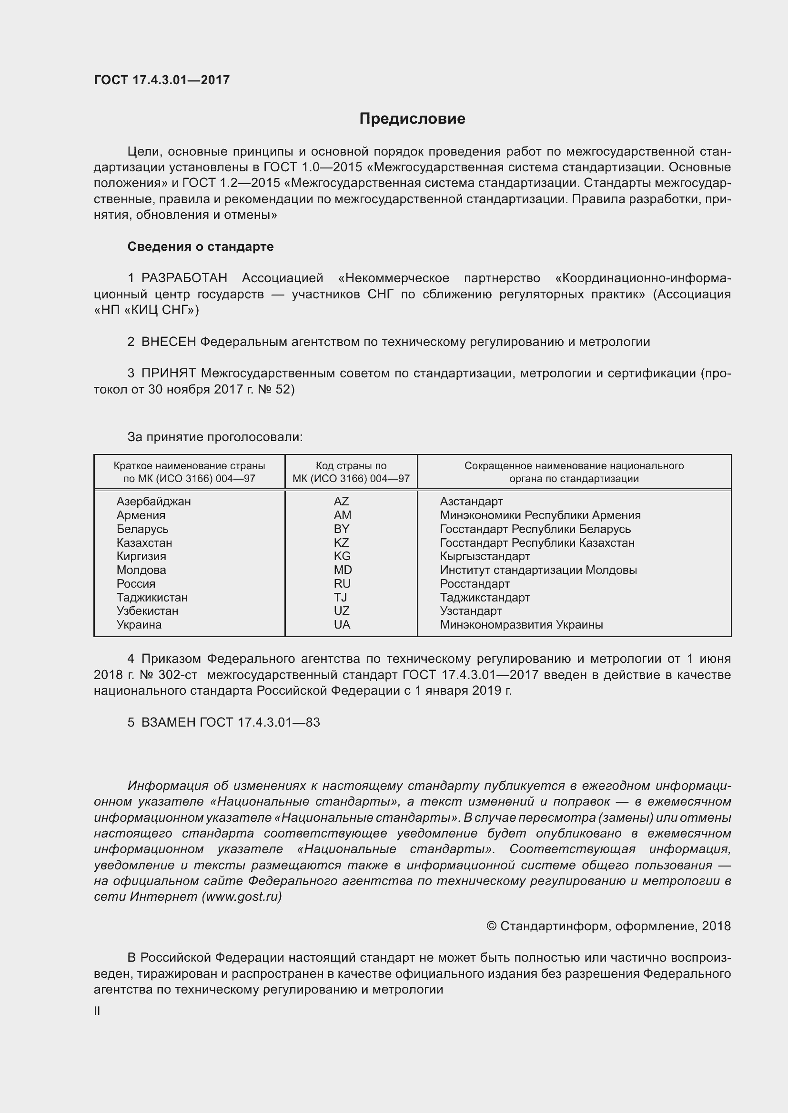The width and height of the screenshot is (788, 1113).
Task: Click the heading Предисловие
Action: [x=412, y=119]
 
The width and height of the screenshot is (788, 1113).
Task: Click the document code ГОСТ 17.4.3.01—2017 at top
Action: [x=162, y=80]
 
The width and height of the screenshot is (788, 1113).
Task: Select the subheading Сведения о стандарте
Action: [x=201, y=247]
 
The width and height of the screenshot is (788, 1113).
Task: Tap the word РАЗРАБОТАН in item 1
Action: [x=184, y=278]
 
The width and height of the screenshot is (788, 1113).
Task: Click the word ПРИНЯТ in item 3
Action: [x=168, y=374]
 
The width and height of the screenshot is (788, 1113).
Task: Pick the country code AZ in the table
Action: [x=342, y=502]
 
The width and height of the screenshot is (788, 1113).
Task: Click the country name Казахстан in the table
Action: [x=144, y=543]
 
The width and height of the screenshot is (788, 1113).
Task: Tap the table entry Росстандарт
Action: [x=475, y=584]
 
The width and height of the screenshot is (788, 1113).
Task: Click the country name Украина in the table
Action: [x=139, y=625]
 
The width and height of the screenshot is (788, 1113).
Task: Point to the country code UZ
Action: [x=342, y=611]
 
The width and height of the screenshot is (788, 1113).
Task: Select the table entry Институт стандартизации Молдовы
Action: [x=538, y=571]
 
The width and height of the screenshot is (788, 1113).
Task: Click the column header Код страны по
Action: [x=351, y=466]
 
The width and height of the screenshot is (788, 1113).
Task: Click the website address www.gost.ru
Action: [x=242, y=897]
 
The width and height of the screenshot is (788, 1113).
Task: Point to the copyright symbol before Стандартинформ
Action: [x=491, y=927]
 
